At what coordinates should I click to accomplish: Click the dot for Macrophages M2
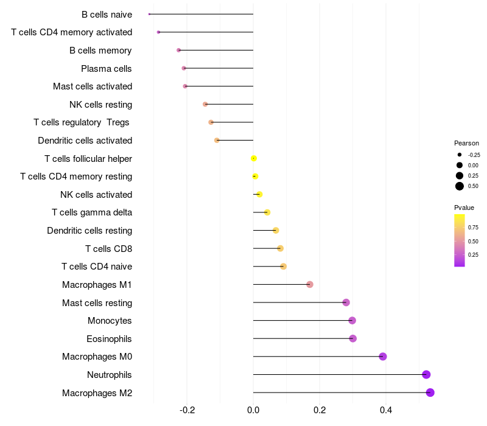pyautogui.click(x=430, y=393)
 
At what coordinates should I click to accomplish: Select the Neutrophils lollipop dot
pyautogui.click(x=426, y=375)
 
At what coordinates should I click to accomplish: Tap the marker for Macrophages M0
pyautogui.click(x=383, y=357)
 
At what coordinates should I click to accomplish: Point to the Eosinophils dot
pyautogui.click(x=353, y=338)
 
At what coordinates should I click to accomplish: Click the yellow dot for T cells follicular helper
pyautogui.click(x=254, y=159)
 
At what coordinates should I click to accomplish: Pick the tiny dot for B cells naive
pyautogui.click(x=149, y=14)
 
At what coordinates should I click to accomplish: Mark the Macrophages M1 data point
pyautogui.click(x=310, y=284)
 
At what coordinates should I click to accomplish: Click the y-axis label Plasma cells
pyautogui.click(x=107, y=69)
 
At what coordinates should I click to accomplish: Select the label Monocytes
pyautogui.click(x=110, y=321)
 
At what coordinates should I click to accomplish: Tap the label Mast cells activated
pyautogui.click(x=93, y=86)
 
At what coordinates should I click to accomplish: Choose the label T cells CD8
pyautogui.click(x=108, y=248)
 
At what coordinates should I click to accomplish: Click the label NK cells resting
pyautogui.click(x=100, y=105)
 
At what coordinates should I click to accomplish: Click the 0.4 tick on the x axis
pyautogui.click(x=386, y=410)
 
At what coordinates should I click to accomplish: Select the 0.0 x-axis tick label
pyautogui.click(x=253, y=410)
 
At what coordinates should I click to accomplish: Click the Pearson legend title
pyautogui.click(x=466, y=143)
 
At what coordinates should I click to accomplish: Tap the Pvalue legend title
pyautogui.click(x=464, y=208)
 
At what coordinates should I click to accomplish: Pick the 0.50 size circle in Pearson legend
pyautogui.click(x=460, y=186)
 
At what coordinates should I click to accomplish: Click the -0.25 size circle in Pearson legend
pyautogui.click(x=460, y=155)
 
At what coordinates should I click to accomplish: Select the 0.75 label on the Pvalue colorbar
pyautogui.click(x=473, y=228)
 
